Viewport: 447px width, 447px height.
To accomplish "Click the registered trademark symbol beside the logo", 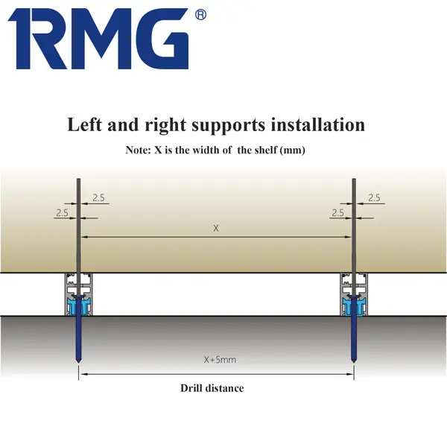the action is [x=200, y=15].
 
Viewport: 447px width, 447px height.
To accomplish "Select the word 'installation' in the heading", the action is [x=318, y=124].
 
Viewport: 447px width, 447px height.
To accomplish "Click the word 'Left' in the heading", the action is [x=84, y=124].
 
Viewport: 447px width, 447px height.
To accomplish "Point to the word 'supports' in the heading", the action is [x=229, y=125].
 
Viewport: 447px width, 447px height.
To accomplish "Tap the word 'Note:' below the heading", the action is [x=138, y=150].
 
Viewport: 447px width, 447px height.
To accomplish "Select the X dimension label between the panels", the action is [x=216, y=228].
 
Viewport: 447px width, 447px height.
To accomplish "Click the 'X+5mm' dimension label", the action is [x=220, y=360].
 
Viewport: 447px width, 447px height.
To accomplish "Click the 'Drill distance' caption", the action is [x=212, y=388].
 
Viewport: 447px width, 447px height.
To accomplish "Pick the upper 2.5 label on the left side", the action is [x=98, y=197].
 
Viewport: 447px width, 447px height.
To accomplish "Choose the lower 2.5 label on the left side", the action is [x=62, y=212].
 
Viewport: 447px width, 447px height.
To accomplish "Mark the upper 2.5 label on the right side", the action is [x=374, y=197].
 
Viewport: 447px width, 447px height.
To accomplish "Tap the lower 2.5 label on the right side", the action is [x=337, y=212].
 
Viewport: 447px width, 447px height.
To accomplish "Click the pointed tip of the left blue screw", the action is [x=78, y=363].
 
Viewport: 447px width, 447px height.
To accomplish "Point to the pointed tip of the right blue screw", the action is [x=354, y=363].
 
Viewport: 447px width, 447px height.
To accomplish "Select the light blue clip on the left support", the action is [x=78, y=307].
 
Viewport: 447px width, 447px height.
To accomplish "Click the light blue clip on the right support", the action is [x=354, y=307].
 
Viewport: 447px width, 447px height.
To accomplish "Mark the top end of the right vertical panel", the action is [x=354, y=180].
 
